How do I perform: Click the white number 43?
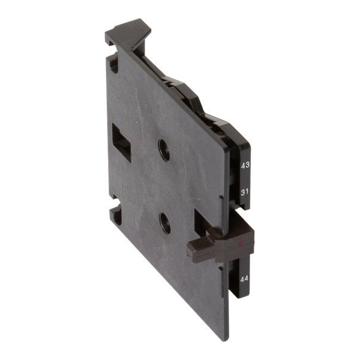click(245, 166)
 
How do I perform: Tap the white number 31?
click(245, 192)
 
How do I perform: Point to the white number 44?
click(244, 279)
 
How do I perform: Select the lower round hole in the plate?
click(165, 223)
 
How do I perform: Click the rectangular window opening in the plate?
click(121, 142)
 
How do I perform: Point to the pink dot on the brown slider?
click(241, 244)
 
